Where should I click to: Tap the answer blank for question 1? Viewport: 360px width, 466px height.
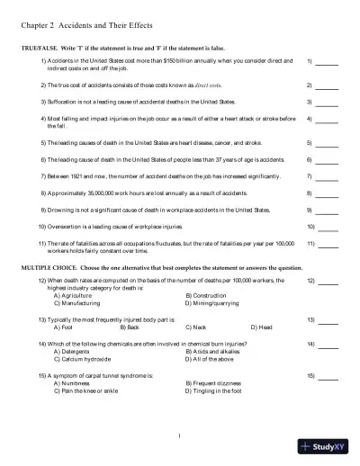click(328, 64)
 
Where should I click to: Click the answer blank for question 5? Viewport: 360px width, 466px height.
click(328, 144)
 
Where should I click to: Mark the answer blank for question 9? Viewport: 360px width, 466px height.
click(328, 211)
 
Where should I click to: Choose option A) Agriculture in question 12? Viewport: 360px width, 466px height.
click(76, 295)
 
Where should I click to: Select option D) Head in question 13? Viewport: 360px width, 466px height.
click(261, 327)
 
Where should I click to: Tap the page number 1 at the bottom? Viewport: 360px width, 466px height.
click(180, 437)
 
